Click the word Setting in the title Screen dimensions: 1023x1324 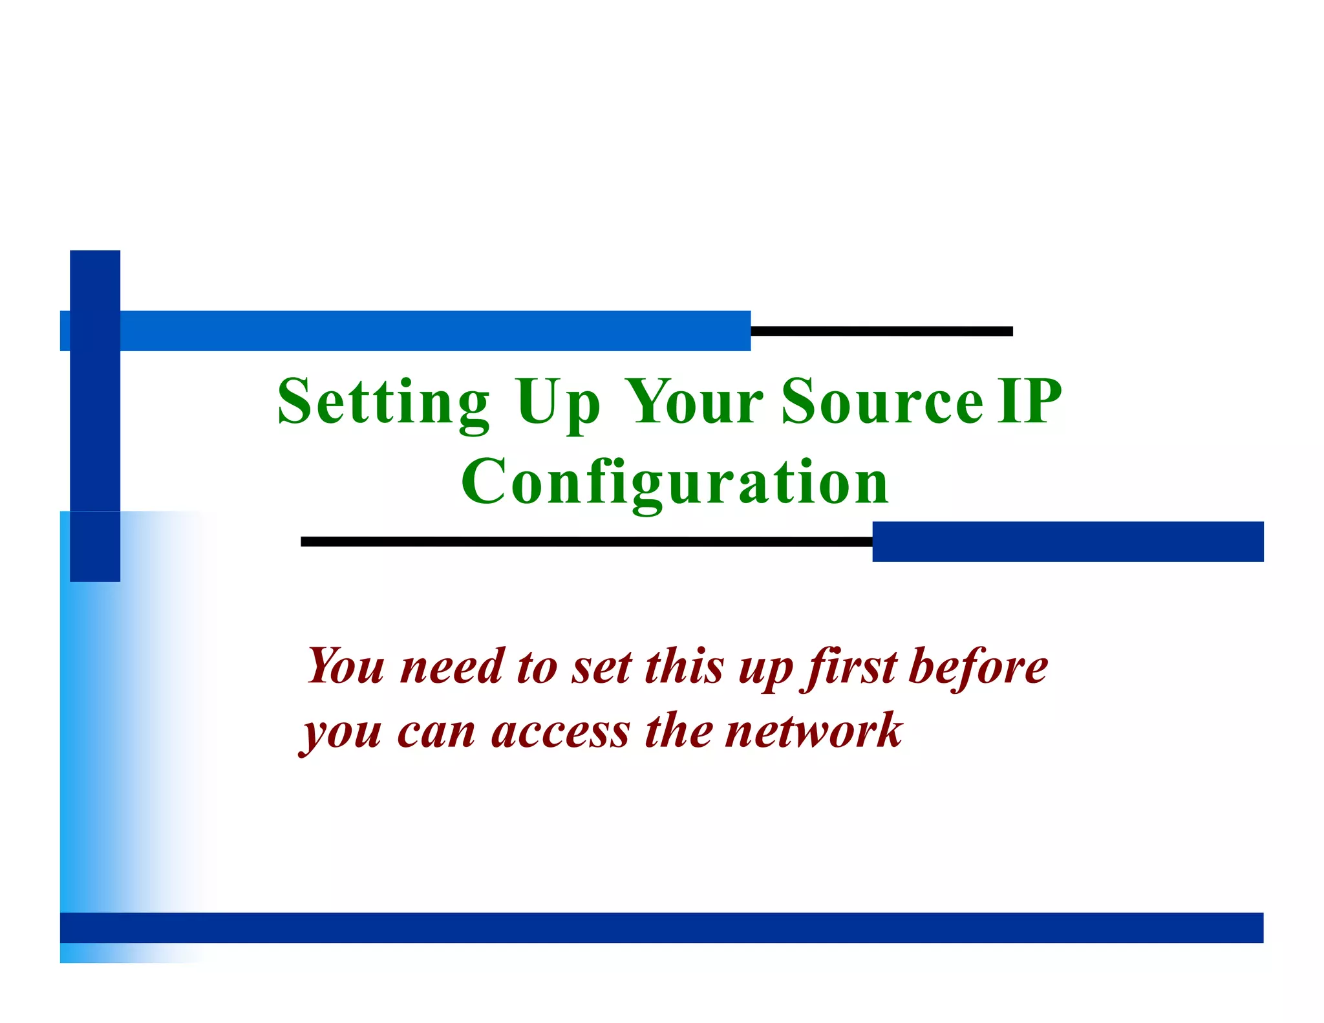tap(383, 402)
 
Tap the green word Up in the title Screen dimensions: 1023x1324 tap(558, 402)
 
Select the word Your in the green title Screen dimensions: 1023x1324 tap(695, 402)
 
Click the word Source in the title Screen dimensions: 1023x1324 tap(882, 402)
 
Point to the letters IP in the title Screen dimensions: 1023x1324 tap(1029, 402)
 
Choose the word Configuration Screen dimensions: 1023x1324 tap(675, 482)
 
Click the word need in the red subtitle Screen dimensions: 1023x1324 tap(452, 667)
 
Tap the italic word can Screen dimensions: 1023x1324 tap(436, 733)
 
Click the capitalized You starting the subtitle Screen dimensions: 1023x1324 tap(346, 667)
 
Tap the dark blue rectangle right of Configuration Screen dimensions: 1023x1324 tap(1067, 541)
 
